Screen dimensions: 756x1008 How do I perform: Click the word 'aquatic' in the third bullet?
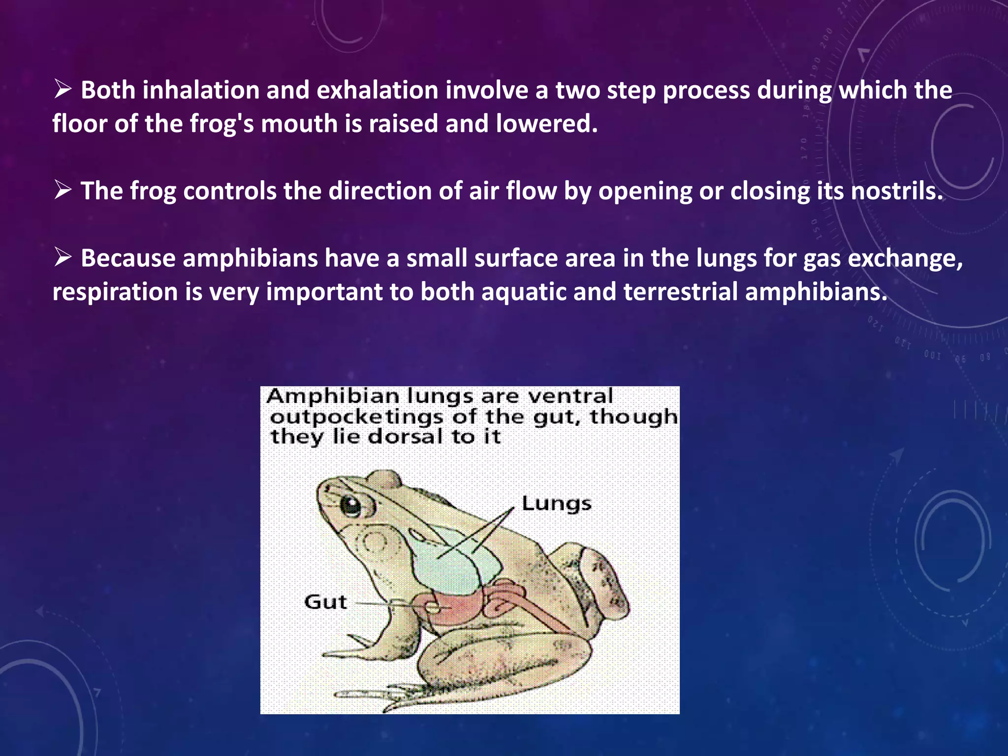coord(523,292)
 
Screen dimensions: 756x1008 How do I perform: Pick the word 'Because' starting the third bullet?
coord(127,258)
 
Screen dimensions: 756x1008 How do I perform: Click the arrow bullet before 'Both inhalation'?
coord(63,90)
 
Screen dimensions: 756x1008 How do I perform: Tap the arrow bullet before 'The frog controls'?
coord(63,190)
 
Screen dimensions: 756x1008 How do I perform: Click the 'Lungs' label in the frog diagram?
coord(556,504)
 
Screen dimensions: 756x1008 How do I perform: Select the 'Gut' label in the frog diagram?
coord(325,602)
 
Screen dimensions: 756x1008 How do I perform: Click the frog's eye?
coord(351,505)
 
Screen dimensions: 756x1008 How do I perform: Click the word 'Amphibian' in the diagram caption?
coord(333,396)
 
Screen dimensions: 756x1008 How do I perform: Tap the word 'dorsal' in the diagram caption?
coord(405,437)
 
